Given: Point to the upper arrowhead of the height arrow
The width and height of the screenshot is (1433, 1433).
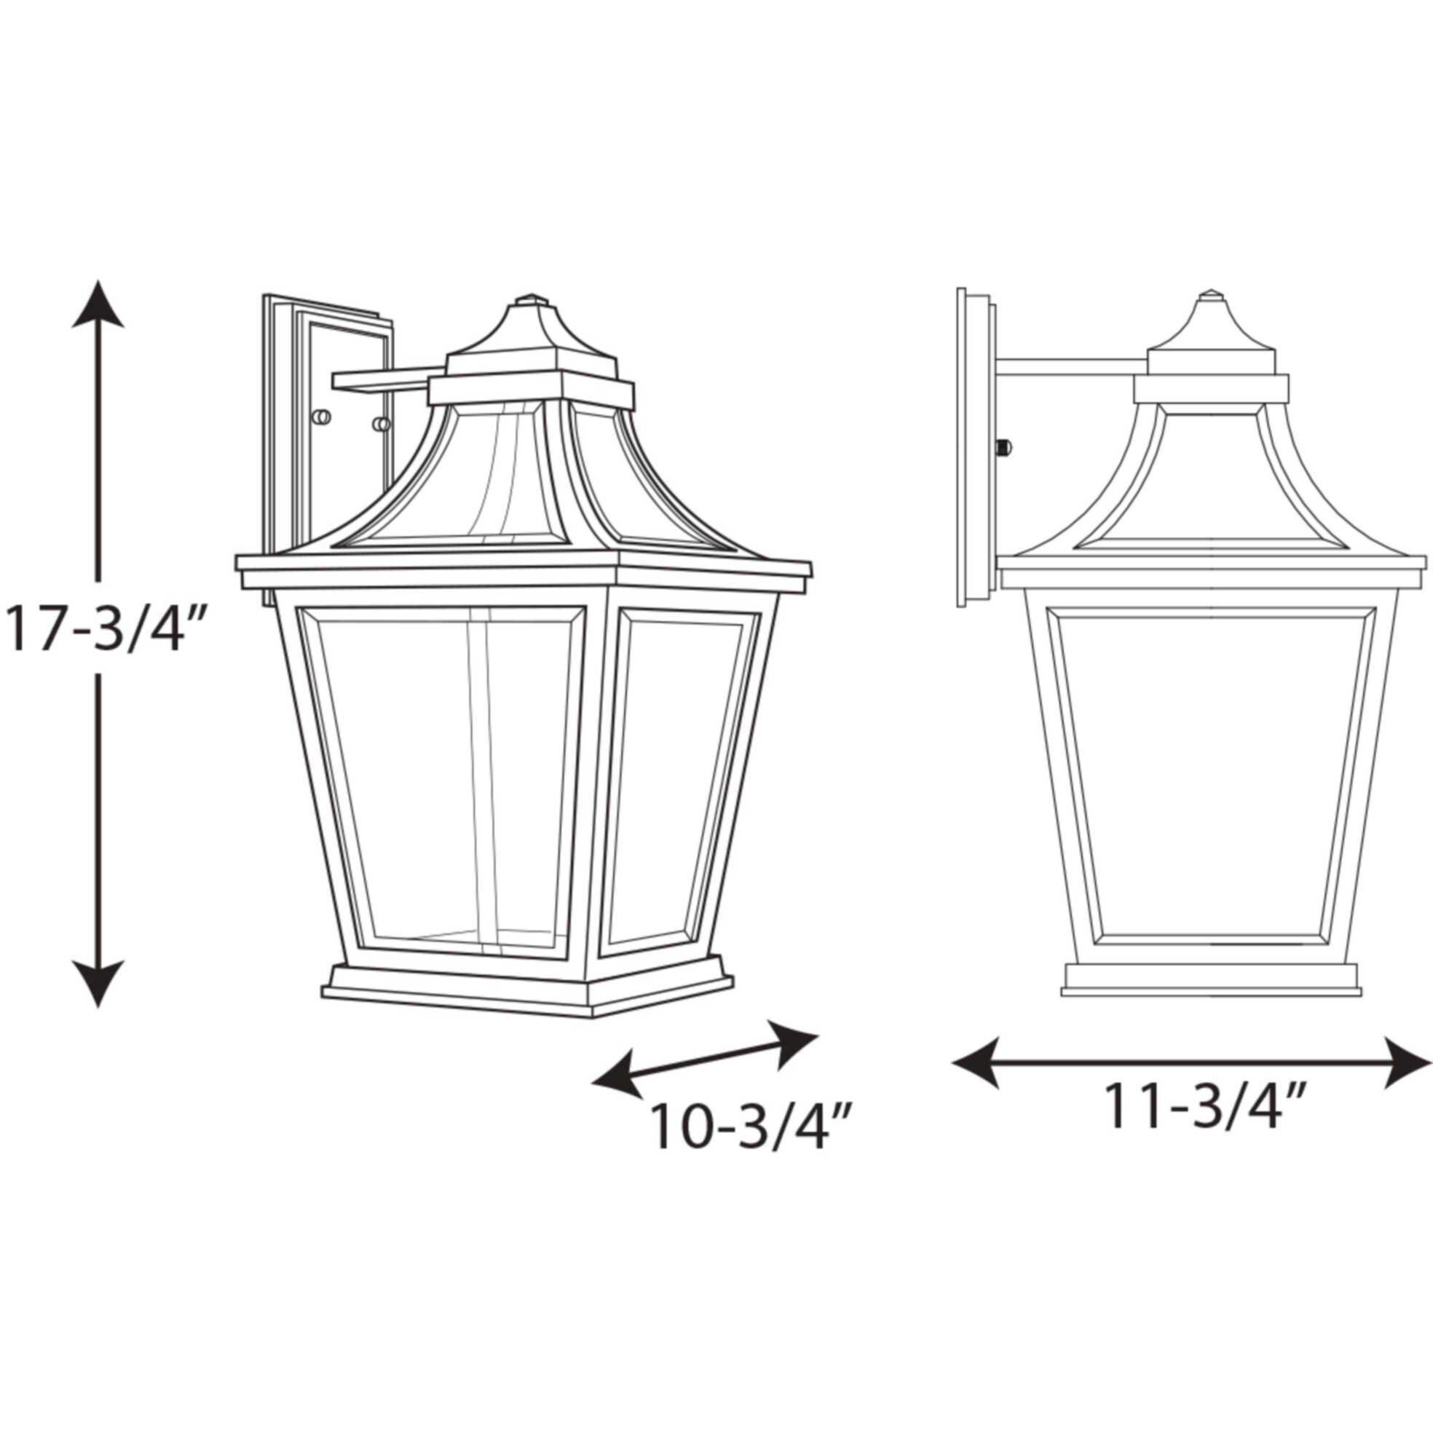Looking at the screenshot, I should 98,306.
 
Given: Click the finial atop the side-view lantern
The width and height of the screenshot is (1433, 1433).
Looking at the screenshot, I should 1212,294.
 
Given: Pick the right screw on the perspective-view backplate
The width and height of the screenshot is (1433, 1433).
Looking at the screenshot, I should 382,425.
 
